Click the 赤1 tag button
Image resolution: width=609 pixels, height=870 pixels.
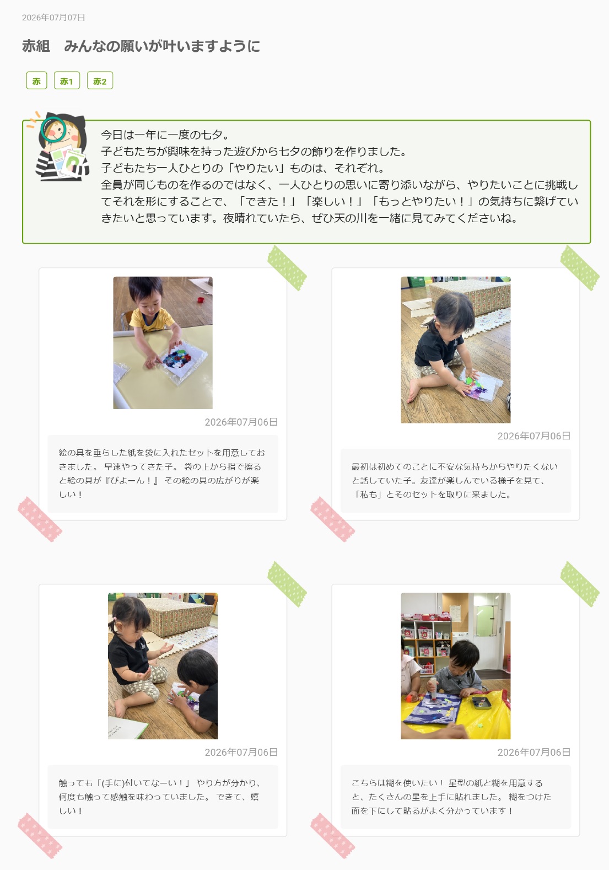tap(67, 81)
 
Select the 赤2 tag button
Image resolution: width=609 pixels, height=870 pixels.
tap(100, 81)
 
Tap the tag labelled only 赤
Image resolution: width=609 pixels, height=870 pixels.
tap(36, 81)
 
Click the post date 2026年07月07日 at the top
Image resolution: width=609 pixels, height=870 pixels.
tap(53, 18)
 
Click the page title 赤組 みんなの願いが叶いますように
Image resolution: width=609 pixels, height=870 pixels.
tap(141, 46)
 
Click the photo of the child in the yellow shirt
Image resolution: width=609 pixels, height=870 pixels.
tap(163, 342)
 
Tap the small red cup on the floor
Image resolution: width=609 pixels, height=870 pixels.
tap(200, 300)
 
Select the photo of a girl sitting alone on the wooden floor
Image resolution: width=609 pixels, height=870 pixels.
tap(455, 350)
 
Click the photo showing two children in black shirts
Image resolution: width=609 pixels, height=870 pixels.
tap(163, 665)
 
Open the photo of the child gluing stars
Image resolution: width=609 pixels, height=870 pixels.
tap(455, 665)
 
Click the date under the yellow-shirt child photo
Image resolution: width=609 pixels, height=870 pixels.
tap(241, 422)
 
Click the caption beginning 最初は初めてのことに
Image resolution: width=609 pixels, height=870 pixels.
tap(455, 480)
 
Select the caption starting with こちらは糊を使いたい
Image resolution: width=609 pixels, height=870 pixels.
tap(451, 797)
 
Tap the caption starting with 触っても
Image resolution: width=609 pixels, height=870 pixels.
tap(159, 797)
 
